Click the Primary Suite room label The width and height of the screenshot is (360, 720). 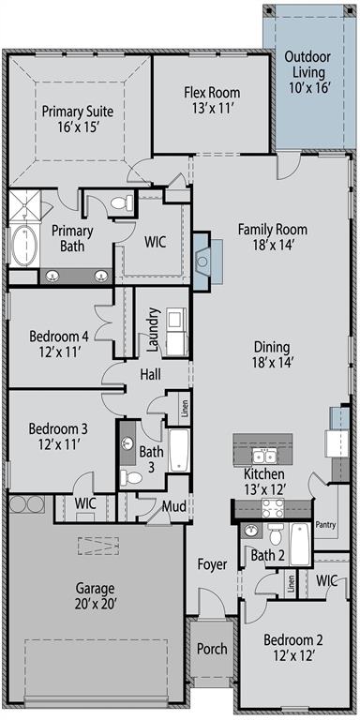pos(77,112)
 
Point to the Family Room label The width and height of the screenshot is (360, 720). pos(272,229)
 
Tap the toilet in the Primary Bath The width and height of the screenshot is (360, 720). pos(120,202)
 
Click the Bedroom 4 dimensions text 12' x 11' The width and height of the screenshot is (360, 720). pos(58,352)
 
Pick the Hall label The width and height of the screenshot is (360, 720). pos(150,374)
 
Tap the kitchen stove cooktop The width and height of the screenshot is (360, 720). pos(274,509)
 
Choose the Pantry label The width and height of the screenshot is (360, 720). pos(325,524)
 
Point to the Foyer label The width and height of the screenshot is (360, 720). pos(212,564)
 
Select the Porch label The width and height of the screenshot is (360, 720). pos(212,649)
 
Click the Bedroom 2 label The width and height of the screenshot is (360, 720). pos(292,640)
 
